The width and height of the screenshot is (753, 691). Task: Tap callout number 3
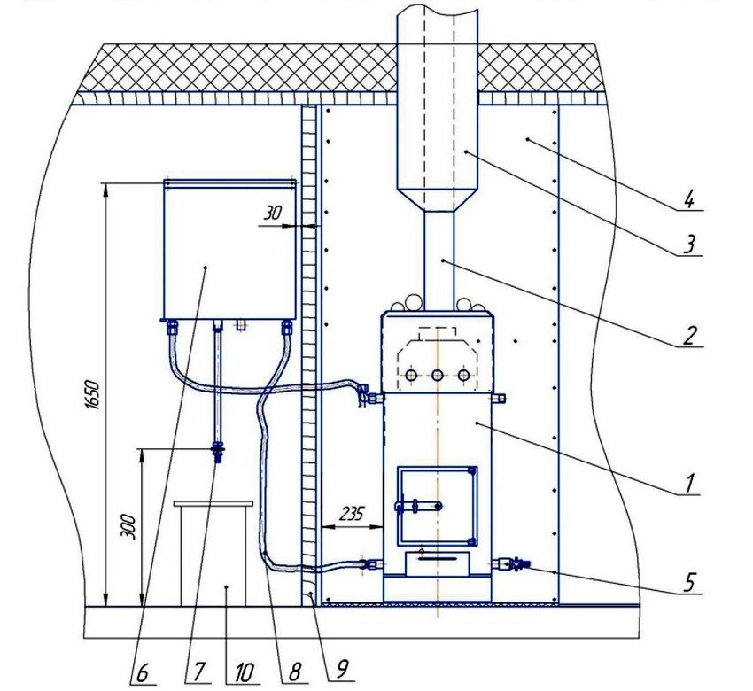689,243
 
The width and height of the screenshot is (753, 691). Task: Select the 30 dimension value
274,213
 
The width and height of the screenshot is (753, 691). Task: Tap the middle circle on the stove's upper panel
438,376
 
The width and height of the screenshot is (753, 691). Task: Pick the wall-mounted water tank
229,249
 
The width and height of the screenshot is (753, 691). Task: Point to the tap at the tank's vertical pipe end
216,453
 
